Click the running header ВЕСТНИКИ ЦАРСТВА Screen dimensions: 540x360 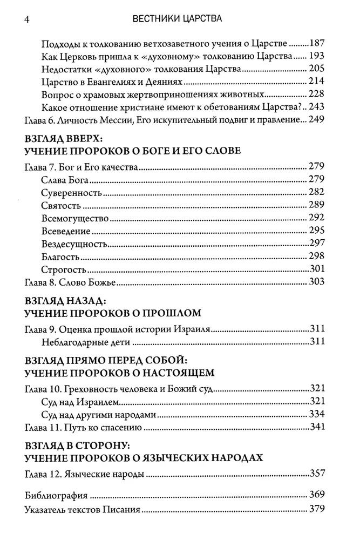(178, 20)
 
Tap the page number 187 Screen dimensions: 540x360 (316, 43)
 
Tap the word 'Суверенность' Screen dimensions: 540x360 (71, 192)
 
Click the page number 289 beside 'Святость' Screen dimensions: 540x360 (317, 205)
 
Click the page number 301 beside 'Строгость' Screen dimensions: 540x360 (317, 269)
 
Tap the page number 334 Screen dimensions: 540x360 (317, 415)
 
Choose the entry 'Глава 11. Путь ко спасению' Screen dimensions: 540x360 (84, 427)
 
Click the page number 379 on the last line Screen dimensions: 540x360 (317, 508)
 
